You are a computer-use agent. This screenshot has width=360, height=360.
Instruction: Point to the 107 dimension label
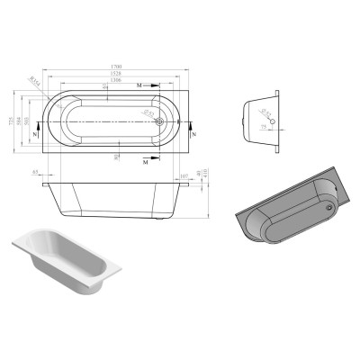pyautogui.click(x=184, y=175)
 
